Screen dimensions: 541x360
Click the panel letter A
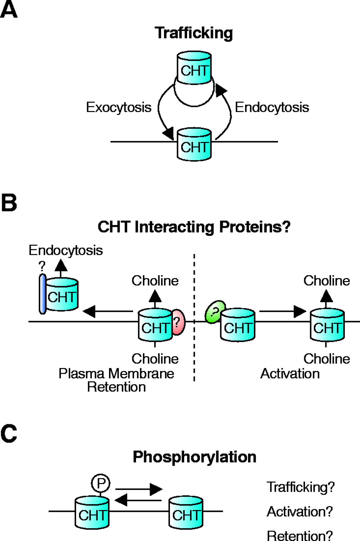(x=9, y=9)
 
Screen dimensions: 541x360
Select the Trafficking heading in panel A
(x=194, y=33)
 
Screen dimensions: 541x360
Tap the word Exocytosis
(x=119, y=107)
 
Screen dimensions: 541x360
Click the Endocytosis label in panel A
(x=272, y=107)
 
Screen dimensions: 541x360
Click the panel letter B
(x=9, y=203)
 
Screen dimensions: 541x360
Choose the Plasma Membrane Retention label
(x=117, y=380)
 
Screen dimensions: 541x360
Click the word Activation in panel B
(x=290, y=374)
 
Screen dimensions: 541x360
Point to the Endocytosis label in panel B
(x=65, y=250)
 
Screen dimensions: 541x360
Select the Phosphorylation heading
(x=194, y=457)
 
